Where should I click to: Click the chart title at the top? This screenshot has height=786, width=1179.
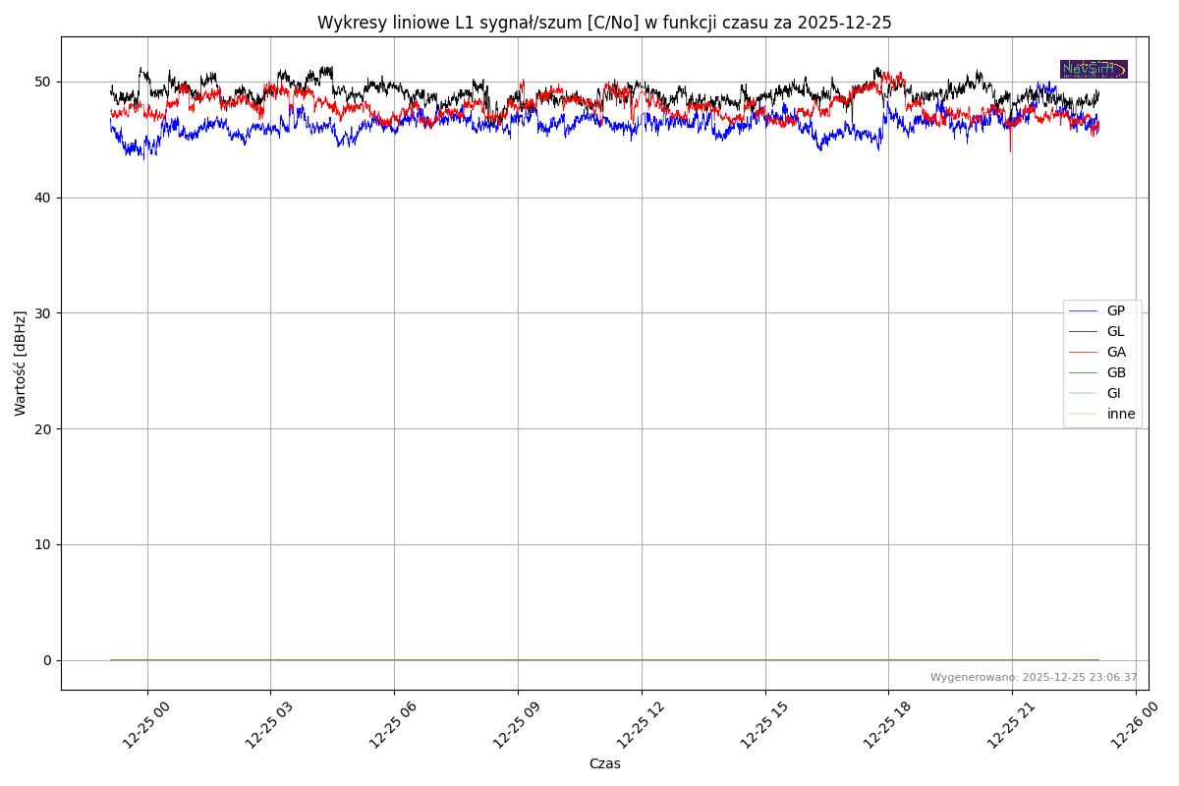pos(604,23)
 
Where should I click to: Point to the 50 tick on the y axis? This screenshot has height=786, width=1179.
pos(45,82)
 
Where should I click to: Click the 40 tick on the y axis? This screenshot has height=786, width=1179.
pos(45,197)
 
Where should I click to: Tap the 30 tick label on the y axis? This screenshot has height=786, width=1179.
pos(45,313)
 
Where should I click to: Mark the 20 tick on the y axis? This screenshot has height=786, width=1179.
pos(45,429)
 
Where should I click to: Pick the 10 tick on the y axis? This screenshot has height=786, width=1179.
pos(45,544)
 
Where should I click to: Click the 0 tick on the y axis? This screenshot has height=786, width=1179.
pos(48,660)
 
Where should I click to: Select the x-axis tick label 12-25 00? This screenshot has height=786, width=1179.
pos(143,728)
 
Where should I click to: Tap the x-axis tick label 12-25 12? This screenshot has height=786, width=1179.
pos(638,728)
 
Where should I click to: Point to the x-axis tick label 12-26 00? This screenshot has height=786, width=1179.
pos(1132,728)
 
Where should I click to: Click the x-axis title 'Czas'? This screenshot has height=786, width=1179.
pos(604,763)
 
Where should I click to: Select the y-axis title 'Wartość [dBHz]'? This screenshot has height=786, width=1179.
pos(21,364)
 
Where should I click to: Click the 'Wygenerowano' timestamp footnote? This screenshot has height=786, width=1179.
pos(1034,678)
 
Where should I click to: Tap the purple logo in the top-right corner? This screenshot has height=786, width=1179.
pos(1094,69)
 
